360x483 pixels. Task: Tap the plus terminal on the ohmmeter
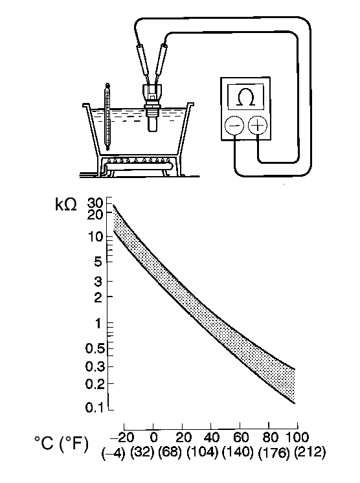click(x=258, y=125)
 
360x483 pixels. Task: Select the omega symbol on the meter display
click(x=245, y=97)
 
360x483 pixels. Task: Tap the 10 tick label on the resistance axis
click(x=96, y=236)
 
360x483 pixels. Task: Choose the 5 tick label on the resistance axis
click(x=99, y=262)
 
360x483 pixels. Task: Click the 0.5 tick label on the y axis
click(x=95, y=348)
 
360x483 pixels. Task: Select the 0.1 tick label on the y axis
click(x=95, y=408)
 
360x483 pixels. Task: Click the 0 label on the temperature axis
click(x=153, y=435)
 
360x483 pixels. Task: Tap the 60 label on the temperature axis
click(x=239, y=435)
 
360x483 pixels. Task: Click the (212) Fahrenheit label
click(x=309, y=451)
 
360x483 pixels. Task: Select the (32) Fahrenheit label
click(x=142, y=451)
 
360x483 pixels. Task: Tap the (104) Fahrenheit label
click(x=203, y=451)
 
